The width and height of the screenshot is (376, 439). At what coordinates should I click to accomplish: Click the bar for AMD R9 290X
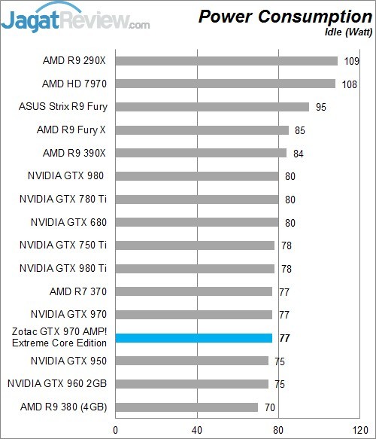(x=226, y=61)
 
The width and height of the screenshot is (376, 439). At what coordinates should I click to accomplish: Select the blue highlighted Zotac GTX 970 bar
(x=193, y=338)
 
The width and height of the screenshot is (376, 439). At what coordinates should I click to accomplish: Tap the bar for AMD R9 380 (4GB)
(x=186, y=407)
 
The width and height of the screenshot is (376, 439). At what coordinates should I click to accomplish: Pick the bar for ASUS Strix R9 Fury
(x=212, y=107)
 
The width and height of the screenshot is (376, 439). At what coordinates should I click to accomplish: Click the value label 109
(x=350, y=61)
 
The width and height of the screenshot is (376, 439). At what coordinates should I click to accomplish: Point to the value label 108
(x=349, y=84)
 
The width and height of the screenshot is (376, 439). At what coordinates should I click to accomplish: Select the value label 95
(x=321, y=107)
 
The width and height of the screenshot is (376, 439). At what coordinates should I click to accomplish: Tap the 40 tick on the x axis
(x=197, y=430)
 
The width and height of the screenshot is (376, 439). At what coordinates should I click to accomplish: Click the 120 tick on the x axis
(x=359, y=430)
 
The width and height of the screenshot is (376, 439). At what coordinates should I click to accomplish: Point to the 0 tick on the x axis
(x=115, y=430)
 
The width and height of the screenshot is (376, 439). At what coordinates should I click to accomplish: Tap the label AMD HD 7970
(x=74, y=84)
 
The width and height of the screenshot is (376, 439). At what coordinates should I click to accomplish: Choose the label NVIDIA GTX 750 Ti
(x=63, y=245)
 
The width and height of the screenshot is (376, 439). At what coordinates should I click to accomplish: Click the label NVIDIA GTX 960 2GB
(x=58, y=384)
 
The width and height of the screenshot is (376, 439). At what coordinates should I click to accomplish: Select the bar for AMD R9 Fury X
(x=202, y=130)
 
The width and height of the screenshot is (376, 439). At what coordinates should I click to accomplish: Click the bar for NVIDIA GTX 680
(x=196, y=222)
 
